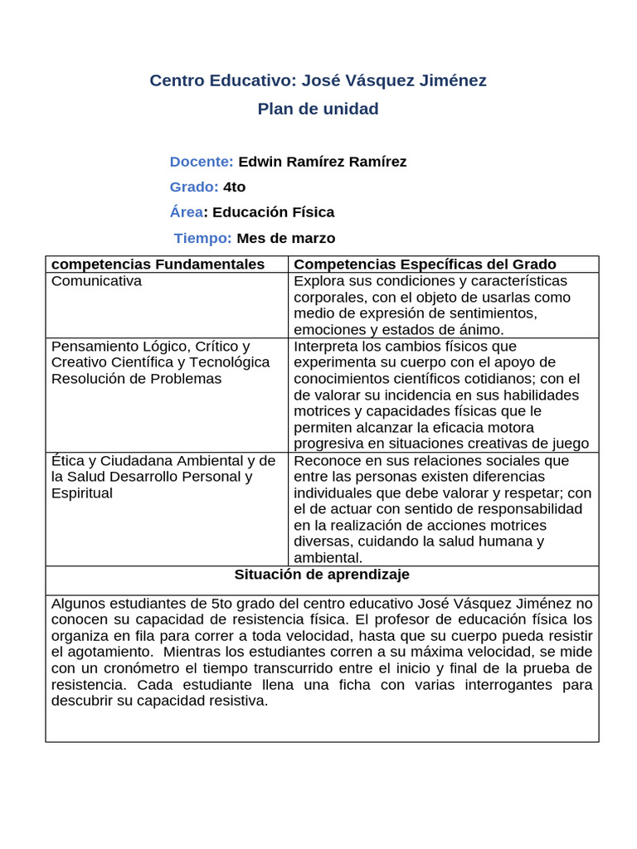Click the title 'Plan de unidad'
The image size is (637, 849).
tap(318, 109)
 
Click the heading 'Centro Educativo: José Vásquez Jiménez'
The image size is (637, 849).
tap(318, 80)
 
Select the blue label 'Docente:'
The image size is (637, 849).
tap(202, 162)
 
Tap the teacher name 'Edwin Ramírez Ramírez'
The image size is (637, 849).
tap(322, 162)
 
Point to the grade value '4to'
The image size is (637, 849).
tap(235, 187)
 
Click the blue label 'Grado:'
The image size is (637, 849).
tap(194, 187)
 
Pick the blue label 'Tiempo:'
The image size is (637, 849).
tap(203, 238)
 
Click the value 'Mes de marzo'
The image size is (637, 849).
tap(286, 238)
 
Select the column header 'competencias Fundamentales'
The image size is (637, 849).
tap(158, 264)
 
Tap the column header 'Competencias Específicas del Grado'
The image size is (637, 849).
tap(425, 264)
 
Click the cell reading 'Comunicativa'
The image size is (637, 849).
tap(96, 281)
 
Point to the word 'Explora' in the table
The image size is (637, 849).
tap(318, 281)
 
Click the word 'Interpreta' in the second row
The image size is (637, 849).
tap(328, 346)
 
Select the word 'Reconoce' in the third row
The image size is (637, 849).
tap(326, 460)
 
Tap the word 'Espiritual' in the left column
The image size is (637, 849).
tap(81, 493)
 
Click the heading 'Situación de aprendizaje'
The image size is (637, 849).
tap(322, 575)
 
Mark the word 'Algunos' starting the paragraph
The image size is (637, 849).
tap(79, 603)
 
